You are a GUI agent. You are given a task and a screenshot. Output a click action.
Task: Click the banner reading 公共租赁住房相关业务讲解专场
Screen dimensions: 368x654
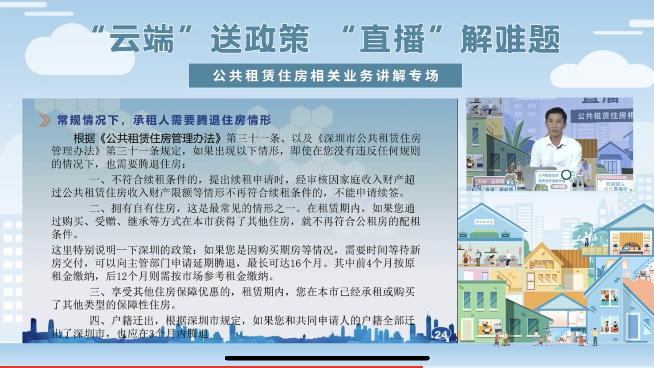[325, 76]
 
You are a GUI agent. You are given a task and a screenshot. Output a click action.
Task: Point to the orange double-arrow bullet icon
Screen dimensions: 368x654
[45, 120]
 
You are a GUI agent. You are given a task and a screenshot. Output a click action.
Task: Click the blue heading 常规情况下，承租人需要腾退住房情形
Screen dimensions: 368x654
[164, 120]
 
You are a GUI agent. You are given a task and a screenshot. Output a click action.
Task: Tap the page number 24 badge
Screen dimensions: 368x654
[441, 334]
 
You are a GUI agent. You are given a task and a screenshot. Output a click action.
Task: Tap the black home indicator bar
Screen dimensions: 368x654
[327, 358]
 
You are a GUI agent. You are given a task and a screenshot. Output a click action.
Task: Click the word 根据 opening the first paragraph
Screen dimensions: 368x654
[84, 138]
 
